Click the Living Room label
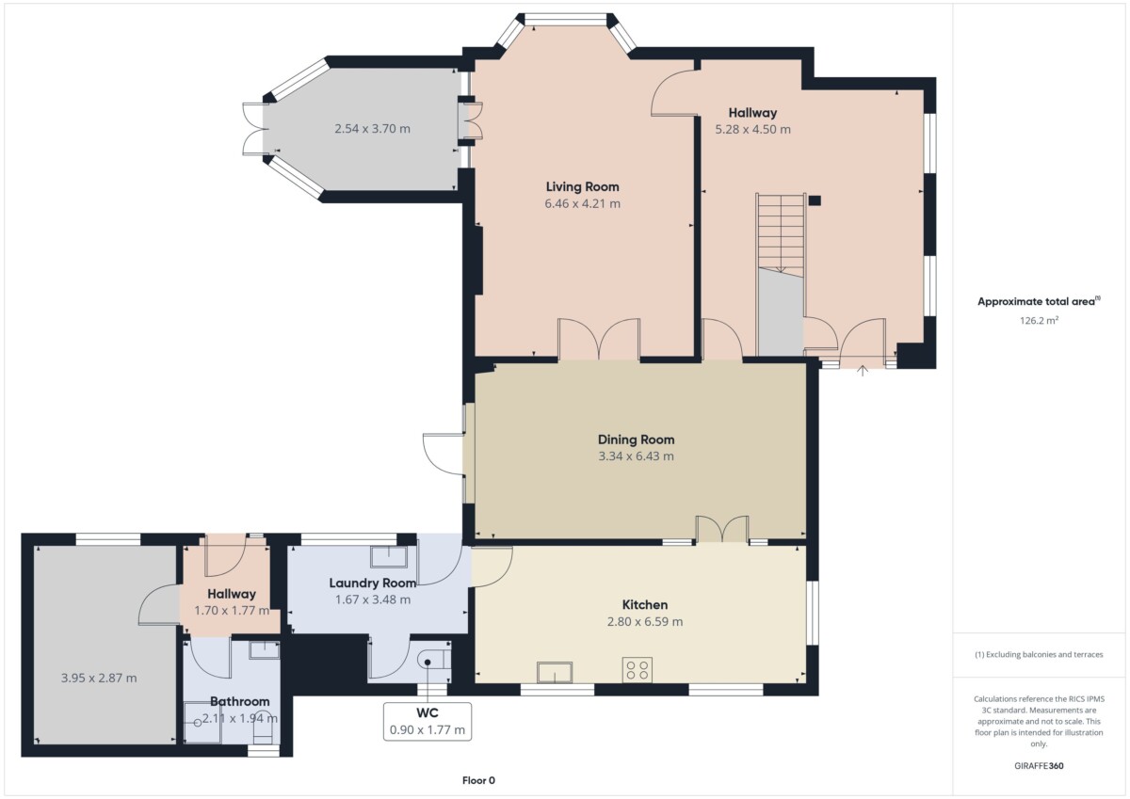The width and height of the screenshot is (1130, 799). tap(582, 186)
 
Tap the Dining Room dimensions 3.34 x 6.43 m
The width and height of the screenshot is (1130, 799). tap(636, 456)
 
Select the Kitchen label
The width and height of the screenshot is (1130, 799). tap(645, 604)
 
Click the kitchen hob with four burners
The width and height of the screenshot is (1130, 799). tap(638, 670)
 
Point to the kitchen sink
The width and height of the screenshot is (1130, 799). tap(555, 672)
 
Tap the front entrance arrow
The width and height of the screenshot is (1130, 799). tap(863, 371)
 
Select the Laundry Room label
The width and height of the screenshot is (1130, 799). tap(373, 583)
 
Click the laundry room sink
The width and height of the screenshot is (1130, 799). tap(389, 556)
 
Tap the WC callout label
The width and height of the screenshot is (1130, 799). tap(428, 712)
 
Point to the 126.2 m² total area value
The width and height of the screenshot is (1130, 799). tap(1039, 320)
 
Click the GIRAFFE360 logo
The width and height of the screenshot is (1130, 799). tap(1039, 766)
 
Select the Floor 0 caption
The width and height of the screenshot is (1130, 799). tap(478, 780)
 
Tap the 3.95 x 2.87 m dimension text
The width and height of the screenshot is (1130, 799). tap(99, 678)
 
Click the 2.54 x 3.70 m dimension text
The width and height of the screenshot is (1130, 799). tap(372, 129)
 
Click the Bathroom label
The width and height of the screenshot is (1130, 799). tap(239, 701)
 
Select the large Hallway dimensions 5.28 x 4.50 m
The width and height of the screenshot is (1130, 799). tap(752, 129)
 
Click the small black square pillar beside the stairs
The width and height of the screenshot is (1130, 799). tap(815, 200)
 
